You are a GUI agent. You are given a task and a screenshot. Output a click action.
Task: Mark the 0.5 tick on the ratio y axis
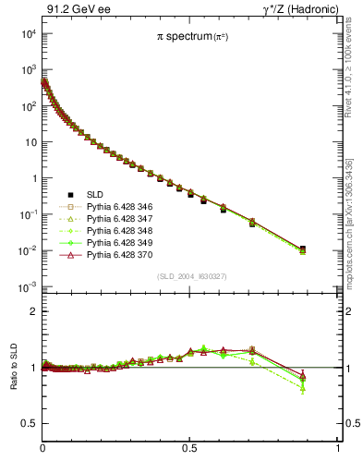29,423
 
